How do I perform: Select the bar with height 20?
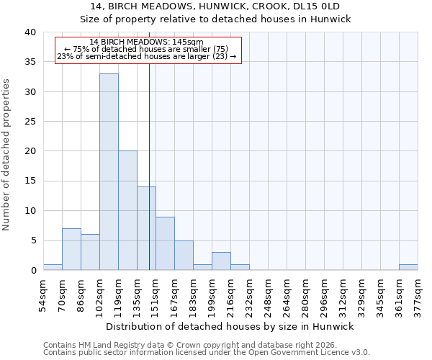127,210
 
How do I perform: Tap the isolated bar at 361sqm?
408,267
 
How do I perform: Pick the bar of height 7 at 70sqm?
71,249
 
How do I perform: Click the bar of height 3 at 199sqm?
221,261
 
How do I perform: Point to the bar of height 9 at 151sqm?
165,243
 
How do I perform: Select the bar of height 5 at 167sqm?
184,255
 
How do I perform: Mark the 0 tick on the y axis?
32,270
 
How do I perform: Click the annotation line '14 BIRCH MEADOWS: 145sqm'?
147,42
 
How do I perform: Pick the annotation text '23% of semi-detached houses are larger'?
147,57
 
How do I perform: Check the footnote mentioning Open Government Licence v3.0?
207,353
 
